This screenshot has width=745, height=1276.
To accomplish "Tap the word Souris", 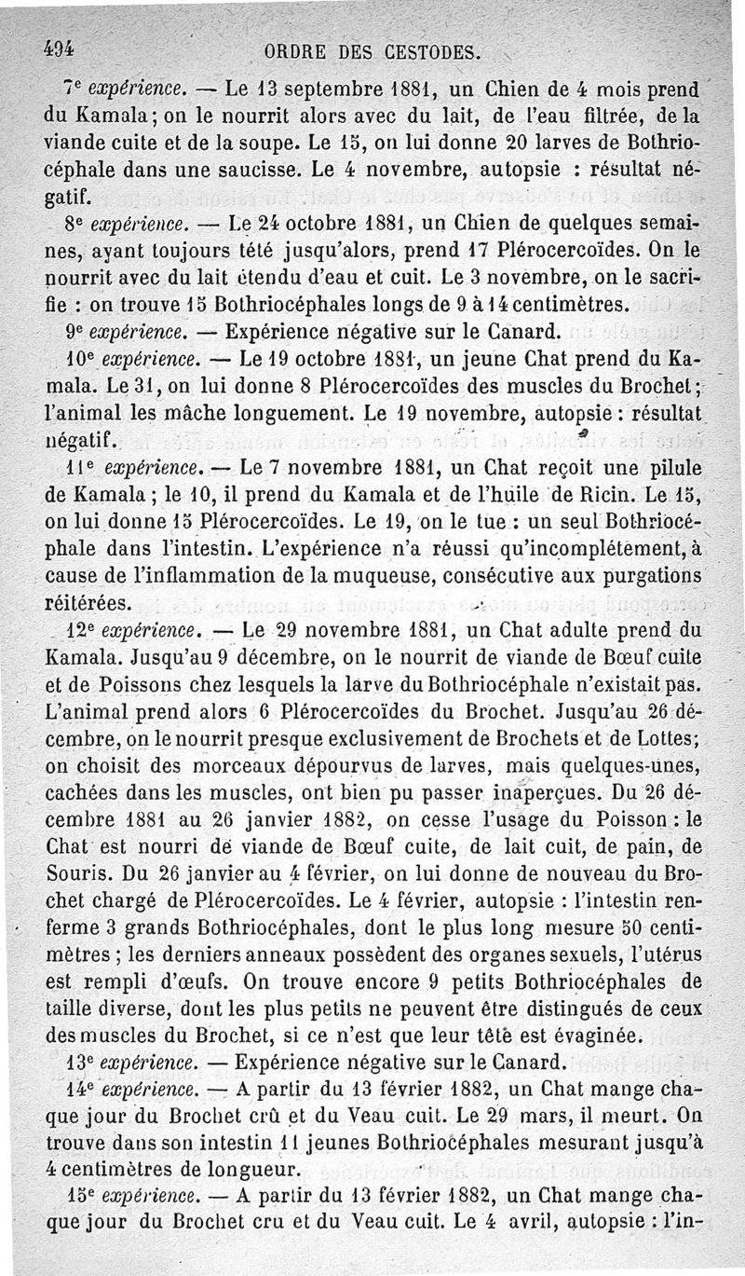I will [77, 872].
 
